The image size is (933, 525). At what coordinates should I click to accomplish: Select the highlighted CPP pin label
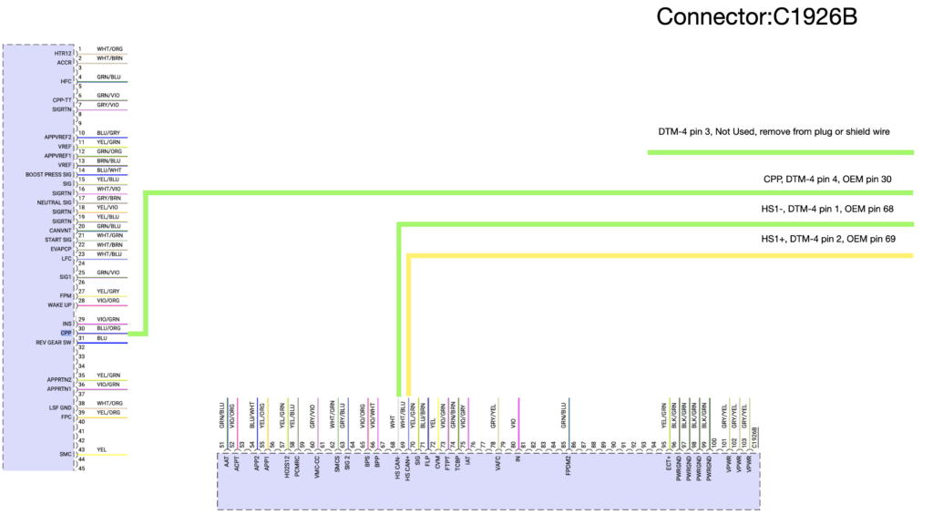pos(67,333)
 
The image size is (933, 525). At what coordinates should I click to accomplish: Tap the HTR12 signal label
pos(63,54)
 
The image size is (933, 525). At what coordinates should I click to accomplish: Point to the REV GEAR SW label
pos(54,343)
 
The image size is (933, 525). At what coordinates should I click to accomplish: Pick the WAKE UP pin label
pos(60,304)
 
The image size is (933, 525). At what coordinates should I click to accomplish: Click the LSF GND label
pos(60,408)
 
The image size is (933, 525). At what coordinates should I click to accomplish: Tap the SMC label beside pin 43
pos(67,454)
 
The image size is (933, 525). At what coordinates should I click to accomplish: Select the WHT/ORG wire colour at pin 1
pos(109,49)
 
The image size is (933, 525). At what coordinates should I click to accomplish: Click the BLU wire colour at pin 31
pos(101,338)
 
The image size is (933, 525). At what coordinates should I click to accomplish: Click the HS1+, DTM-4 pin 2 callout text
pos(828,239)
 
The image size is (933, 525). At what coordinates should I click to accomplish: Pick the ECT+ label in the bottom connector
pos(668,463)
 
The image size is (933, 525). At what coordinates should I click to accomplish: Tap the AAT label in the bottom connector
pos(222,462)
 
